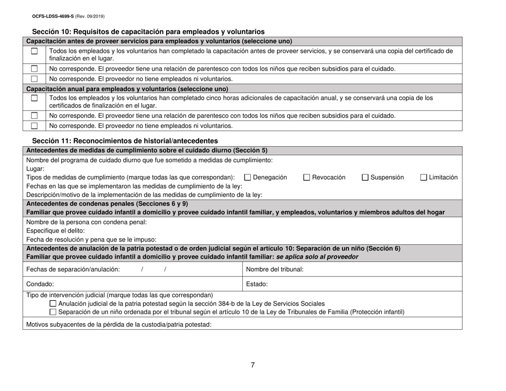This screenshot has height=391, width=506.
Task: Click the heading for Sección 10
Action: click(148, 31)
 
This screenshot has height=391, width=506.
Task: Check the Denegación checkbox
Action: click(247, 177)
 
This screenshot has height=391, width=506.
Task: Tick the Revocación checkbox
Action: click(307, 177)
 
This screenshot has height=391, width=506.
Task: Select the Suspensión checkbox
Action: click(366, 177)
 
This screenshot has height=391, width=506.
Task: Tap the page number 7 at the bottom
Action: click(253, 365)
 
